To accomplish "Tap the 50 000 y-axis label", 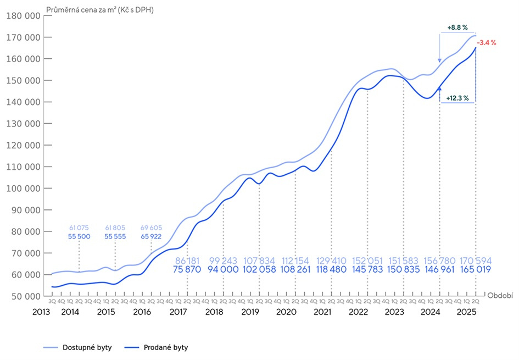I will (x=25, y=296).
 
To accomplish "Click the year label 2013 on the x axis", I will (x=42, y=312).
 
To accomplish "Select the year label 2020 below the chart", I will (x=286, y=312).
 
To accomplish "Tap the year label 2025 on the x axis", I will (x=467, y=312).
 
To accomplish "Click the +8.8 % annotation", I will (x=457, y=27).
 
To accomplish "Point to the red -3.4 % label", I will (x=487, y=43).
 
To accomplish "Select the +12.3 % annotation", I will (x=457, y=98).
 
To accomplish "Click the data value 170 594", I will (x=476, y=261).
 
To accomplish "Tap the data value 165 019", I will (x=476, y=270).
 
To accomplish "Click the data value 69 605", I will (x=152, y=228).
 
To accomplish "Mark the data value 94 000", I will (x=224, y=270).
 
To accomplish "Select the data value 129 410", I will (x=331, y=261).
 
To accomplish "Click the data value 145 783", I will (x=367, y=270).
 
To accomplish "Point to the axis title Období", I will (x=500, y=296).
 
